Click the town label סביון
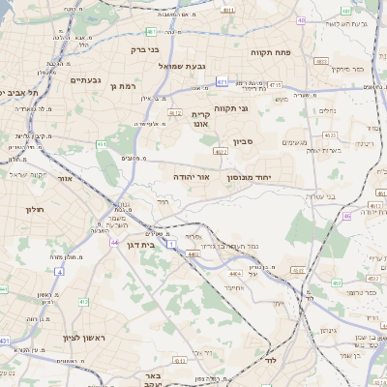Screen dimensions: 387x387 (x=243, y=141)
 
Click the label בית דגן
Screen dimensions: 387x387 (x=141, y=246)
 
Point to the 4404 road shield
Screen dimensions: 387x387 (x=193, y=254)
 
